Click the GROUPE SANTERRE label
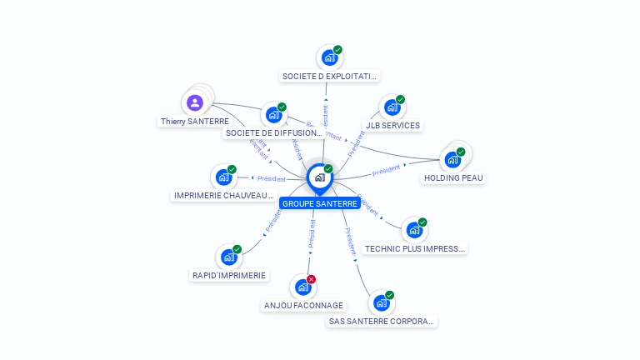tap(319, 203)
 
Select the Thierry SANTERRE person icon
tap(194, 102)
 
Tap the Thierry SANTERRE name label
tap(194, 122)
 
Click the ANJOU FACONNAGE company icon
tap(302, 287)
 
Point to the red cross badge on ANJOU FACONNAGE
tap(312, 279)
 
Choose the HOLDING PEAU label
tap(453, 177)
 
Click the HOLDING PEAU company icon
tap(452, 158)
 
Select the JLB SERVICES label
tap(392, 126)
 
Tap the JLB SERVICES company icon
tap(392, 107)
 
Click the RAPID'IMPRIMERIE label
tap(229, 275)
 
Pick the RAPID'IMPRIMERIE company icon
tap(228, 257)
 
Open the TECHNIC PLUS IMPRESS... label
tap(414, 248)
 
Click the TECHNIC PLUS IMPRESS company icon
tap(414, 230)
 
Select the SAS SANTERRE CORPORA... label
tap(381, 321)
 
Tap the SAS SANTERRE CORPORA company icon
tap(381, 302)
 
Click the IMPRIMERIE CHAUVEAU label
tap(223, 196)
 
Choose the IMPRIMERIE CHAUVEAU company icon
tap(223, 177)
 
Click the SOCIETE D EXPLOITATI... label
tap(329, 77)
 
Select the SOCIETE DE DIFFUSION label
tap(273, 133)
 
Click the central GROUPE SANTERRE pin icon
tap(319, 177)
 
